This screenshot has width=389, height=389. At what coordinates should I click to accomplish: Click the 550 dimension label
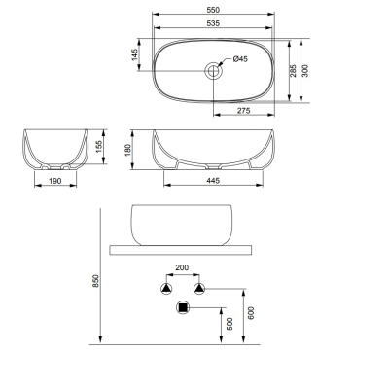tap(213, 10)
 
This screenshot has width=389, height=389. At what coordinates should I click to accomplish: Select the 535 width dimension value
tap(213, 23)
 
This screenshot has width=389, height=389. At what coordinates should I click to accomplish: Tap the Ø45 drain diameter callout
tap(240, 59)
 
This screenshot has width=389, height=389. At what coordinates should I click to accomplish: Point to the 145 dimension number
tap(135, 54)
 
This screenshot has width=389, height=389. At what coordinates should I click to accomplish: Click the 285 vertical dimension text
tap(293, 71)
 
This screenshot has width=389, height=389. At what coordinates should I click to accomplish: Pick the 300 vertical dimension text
tap(305, 71)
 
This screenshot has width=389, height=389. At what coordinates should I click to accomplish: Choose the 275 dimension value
tap(243, 111)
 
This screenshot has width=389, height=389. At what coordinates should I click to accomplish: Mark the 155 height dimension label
tap(99, 147)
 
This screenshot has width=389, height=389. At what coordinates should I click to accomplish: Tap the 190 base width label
tap(55, 181)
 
